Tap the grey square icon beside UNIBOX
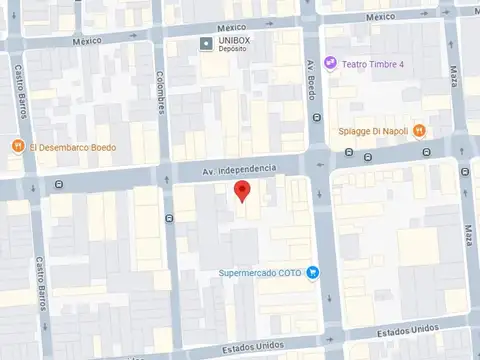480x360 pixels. (x=206, y=43)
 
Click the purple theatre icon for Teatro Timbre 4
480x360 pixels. (x=331, y=64)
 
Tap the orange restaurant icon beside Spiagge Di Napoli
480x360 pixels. (x=420, y=130)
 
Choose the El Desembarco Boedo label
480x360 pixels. (x=72, y=147)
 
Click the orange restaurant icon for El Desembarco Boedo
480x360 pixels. (x=18, y=147)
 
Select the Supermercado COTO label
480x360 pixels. (x=262, y=273)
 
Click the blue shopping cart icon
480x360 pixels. (x=313, y=272)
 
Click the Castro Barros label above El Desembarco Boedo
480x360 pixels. (x=21, y=92)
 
